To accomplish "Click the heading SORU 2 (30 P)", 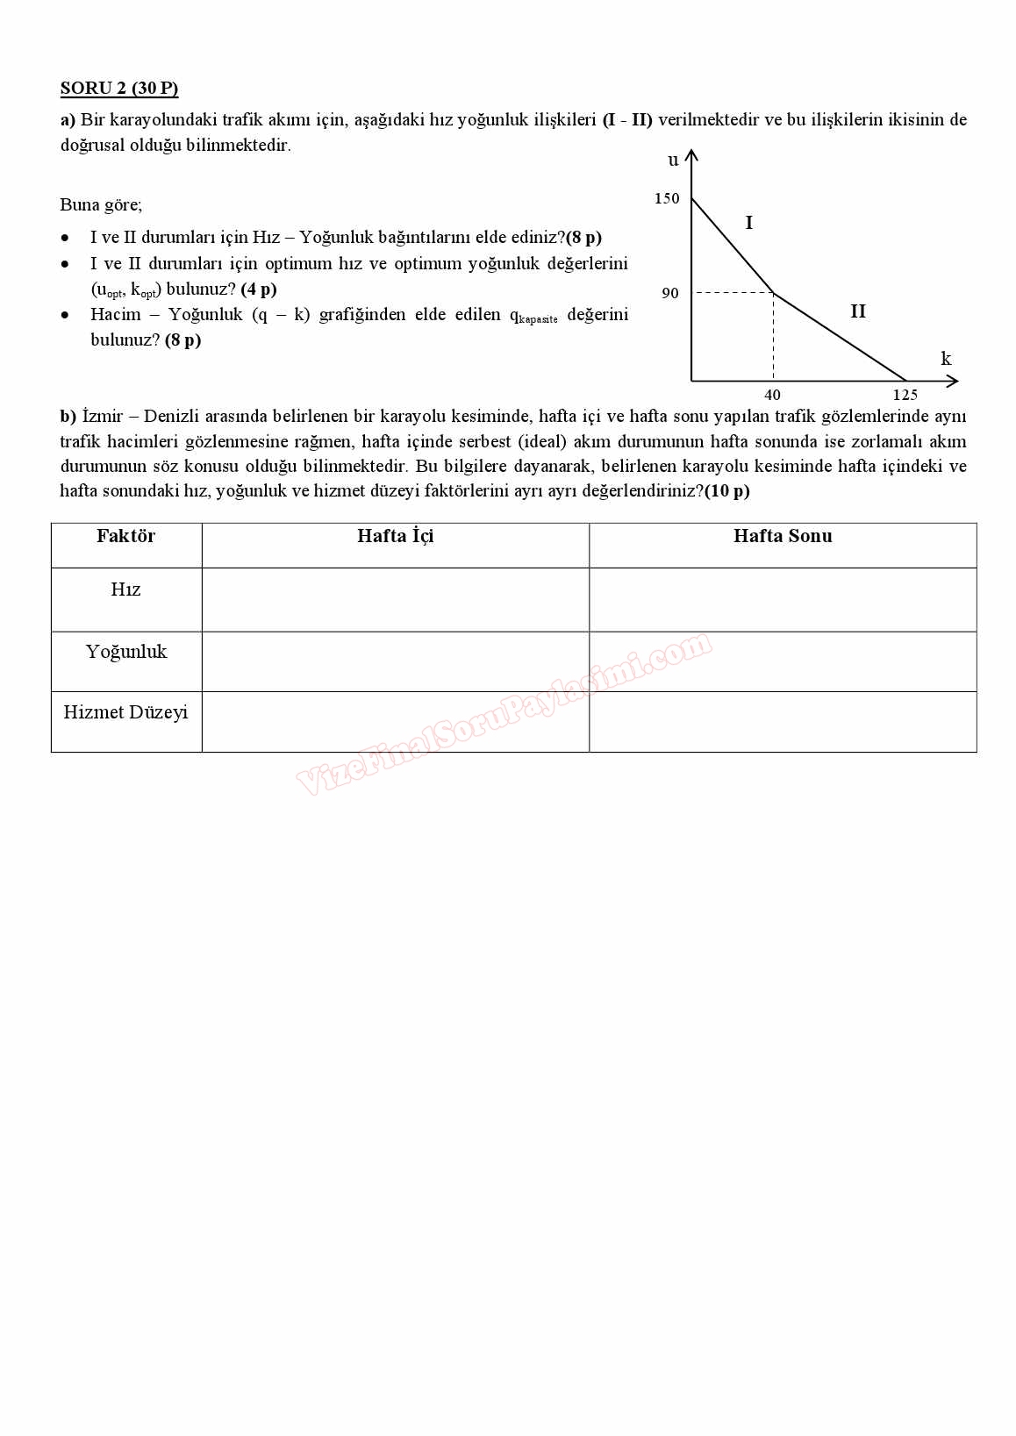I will coord(119,88).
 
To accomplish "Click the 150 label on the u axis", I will coord(667,198).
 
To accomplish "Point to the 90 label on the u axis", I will coord(670,293).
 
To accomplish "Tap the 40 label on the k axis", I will coord(772,395).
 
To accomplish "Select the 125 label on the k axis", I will coord(905,395).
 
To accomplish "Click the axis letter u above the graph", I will coord(673,160).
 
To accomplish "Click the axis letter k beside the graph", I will coord(946,359).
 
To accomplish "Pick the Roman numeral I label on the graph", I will coord(748,223).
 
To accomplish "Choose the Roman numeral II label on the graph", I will coord(857,311).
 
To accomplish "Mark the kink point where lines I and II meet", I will coord(773,293).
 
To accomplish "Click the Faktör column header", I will coord(126,536).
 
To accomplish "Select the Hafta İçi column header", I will coord(395,536).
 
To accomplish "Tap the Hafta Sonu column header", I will coord(783,536).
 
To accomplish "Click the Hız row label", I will coord(126,589).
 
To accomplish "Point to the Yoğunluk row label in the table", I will coord(126,652).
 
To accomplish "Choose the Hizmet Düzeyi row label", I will coord(126,712).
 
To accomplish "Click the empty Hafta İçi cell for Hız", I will coord(395,599).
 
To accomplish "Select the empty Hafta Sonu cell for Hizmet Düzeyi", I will coord(783,721).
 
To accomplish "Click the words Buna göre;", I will coord(101,205).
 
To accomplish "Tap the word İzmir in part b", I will coord(103,416).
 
